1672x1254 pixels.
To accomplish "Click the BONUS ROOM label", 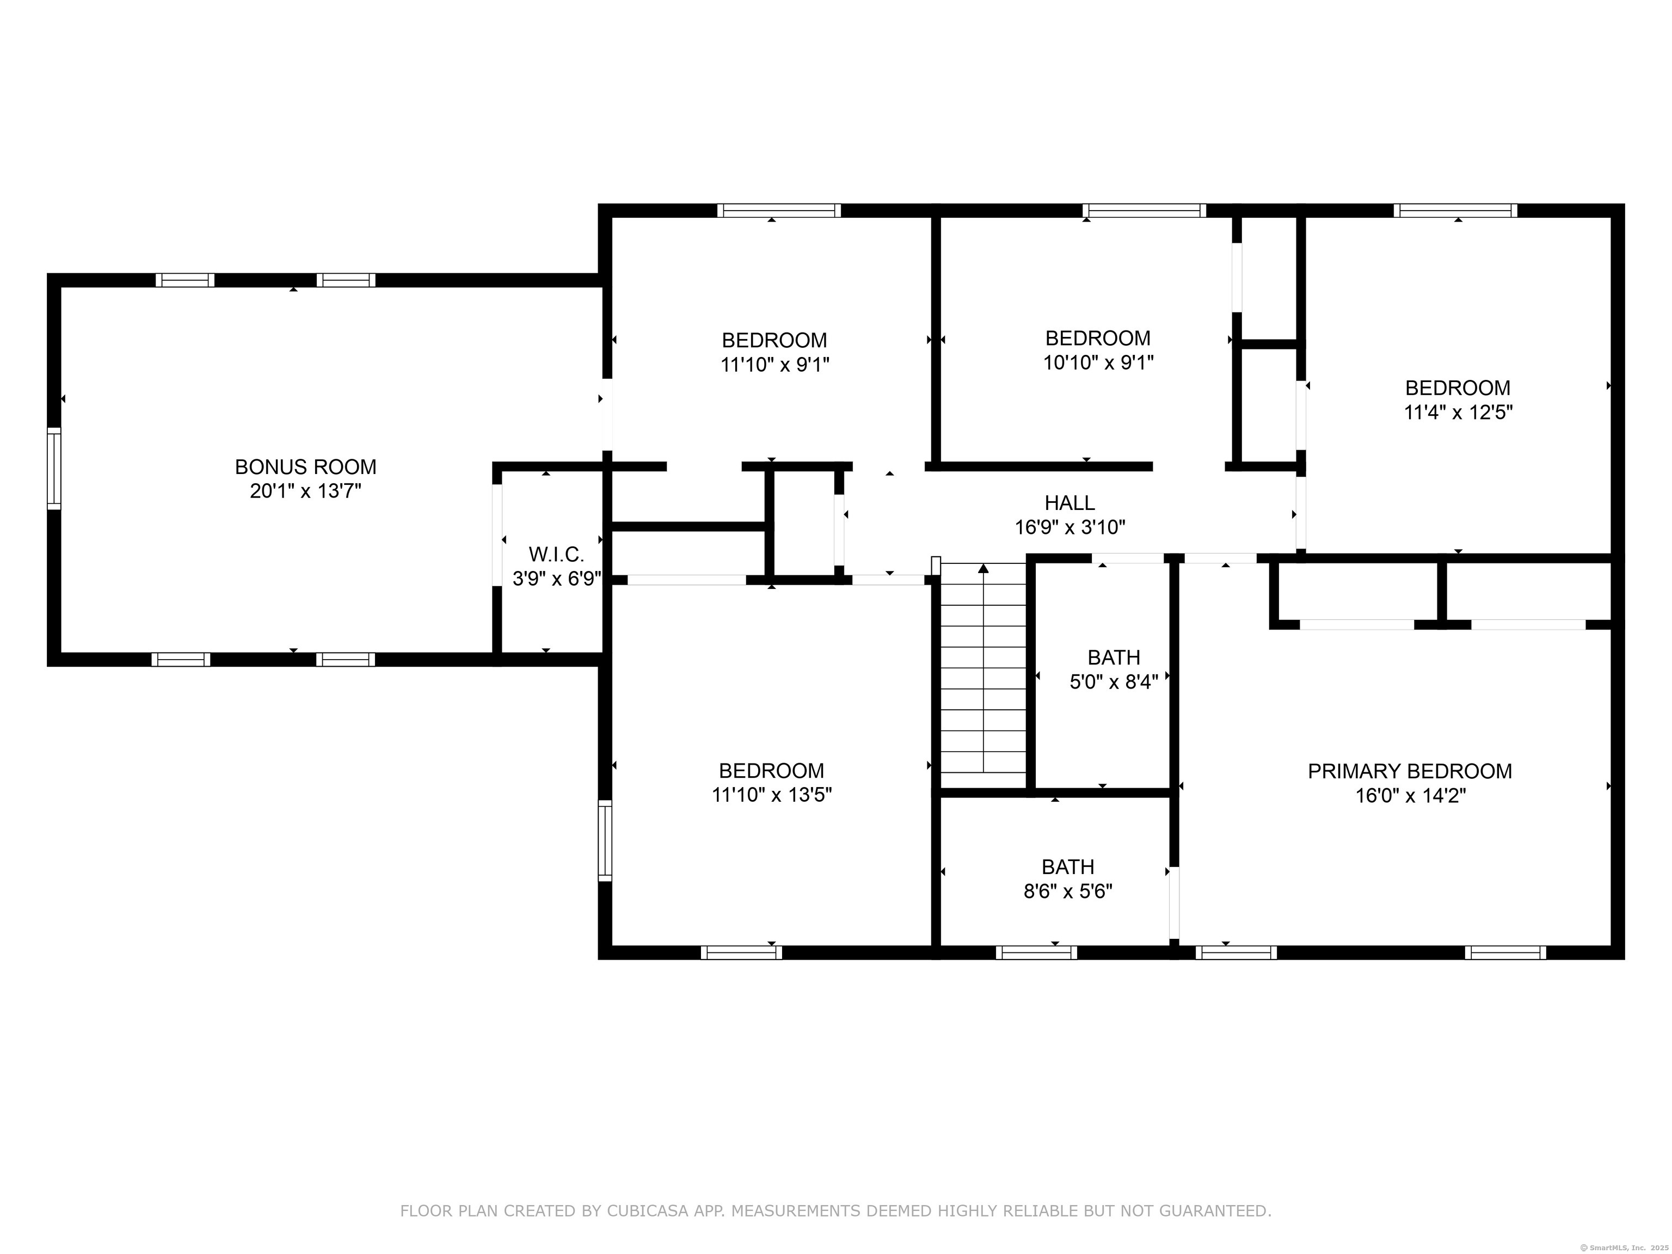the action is pyautogui.click(x=305, y=466).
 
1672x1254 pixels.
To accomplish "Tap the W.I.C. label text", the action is pyautogui.click(x=556, y=554).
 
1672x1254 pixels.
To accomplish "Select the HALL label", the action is pyautogui.click(x=1069, y=503).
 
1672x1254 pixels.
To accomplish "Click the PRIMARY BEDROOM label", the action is pyautogui.click(x=1410, y=771).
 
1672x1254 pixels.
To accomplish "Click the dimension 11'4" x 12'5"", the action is pyautogui.click(x=1458, y=413).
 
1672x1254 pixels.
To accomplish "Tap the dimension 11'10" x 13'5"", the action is pyautogui.click(x=772, y=795).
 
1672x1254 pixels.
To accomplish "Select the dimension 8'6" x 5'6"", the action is pyautogui.click(x=1068, y=891).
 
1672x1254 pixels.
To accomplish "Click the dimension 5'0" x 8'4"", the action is pyautogui.click(x=1114, y=682).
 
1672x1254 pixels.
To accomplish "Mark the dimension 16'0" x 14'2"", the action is pyautogui.click(x=1410, y=795).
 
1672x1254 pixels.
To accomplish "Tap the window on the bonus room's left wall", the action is pyautogui.click(x=54, y=469).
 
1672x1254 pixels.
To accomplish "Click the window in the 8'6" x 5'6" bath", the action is pyautogui.click(x=1036, y=952).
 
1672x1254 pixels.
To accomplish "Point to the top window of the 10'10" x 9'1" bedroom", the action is pyautogui.click(x=1145, y=210).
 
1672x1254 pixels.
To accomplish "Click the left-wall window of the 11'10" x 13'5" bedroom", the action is pyautogui.click(x=605, y=840).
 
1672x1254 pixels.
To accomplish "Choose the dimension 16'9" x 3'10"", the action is pyautogui.click(x=1069, y=527).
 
